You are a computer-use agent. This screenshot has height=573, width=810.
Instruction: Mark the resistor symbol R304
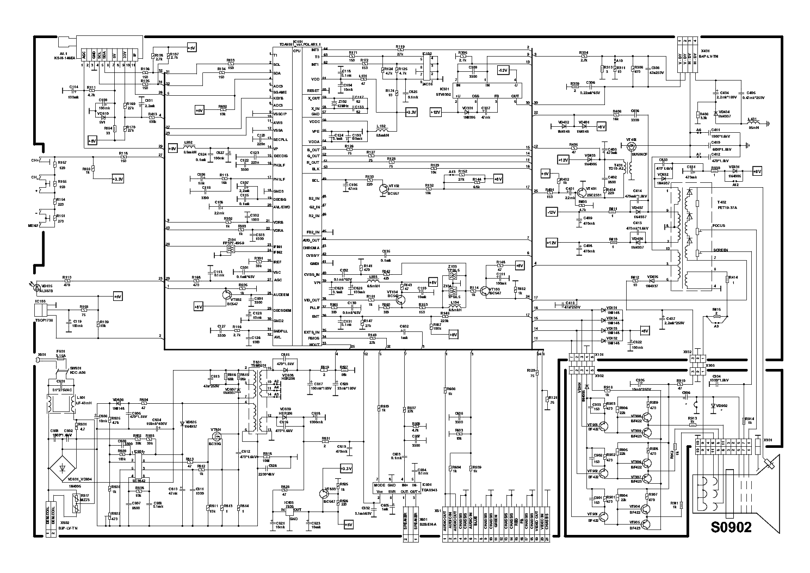(x=584, y=56)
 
